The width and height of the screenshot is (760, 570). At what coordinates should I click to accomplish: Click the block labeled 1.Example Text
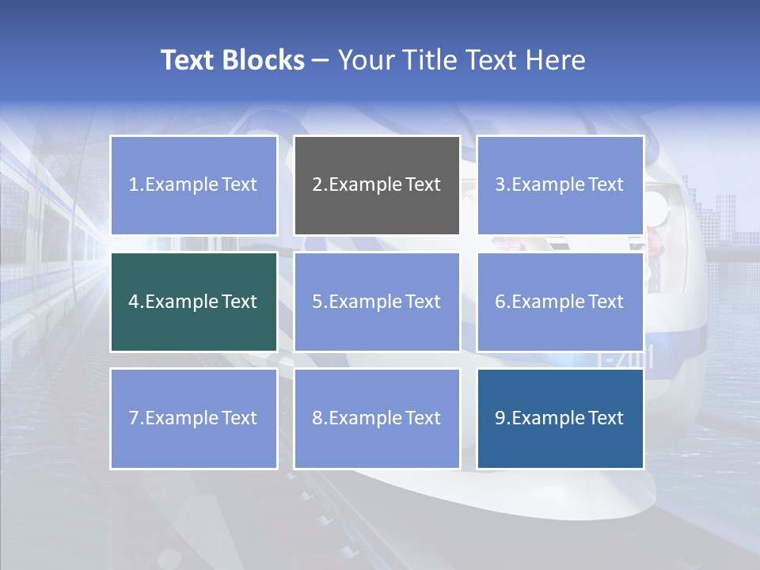pyautogui.click(x=193, y=185)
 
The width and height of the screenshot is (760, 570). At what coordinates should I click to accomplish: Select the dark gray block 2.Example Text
pyautogui.click(x=377, y=185)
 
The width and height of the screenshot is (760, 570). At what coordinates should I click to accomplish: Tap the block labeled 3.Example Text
pyautogui.click(x=560, y=185)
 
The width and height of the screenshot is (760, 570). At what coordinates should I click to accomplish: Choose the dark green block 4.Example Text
pyautogui.click(x=193, y=302)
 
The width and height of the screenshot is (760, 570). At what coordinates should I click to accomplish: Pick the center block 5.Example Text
pyautogui.click(x=377, y=302)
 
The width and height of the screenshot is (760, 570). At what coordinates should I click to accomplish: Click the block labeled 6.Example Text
pyautogui.click(x=560, y=302)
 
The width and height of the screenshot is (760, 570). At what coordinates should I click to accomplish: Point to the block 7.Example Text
pyautogui.click(x=193, y=418)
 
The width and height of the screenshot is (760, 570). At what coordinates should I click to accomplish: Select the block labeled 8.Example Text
pyautogui.click(x=377, y=418)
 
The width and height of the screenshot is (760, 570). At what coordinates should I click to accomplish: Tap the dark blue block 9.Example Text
pyautogui.click(x=560, y=418)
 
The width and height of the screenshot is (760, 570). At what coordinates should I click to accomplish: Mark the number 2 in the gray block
pyautogui.click(x=317, y=185)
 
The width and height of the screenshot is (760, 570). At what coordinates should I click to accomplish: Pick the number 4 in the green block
pyautogui.click(x=134, y=302)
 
